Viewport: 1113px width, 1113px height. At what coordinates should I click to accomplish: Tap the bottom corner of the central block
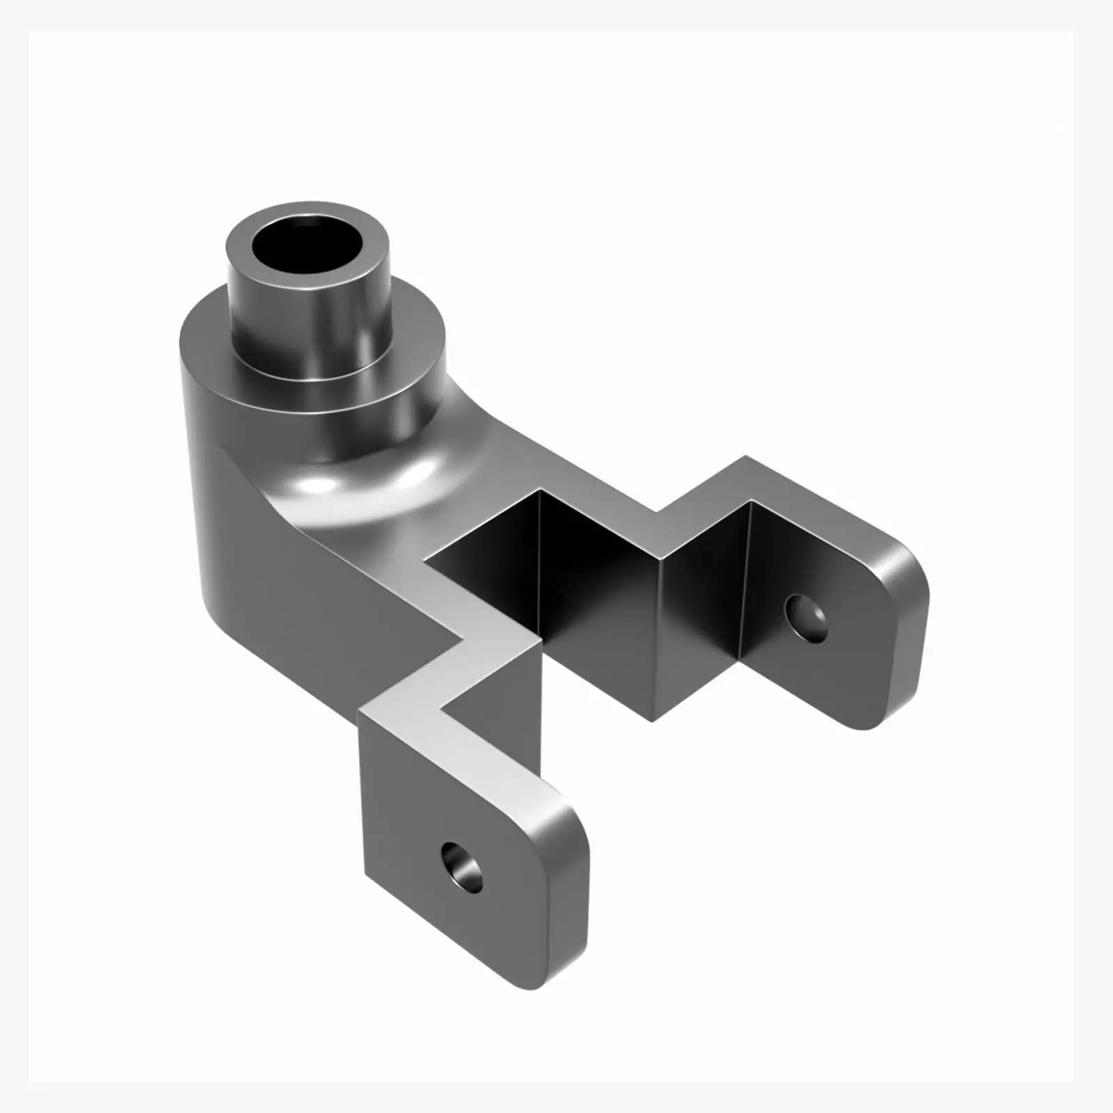click(652, 720)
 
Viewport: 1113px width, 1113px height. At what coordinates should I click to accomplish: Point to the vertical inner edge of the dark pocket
click(540, 556)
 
